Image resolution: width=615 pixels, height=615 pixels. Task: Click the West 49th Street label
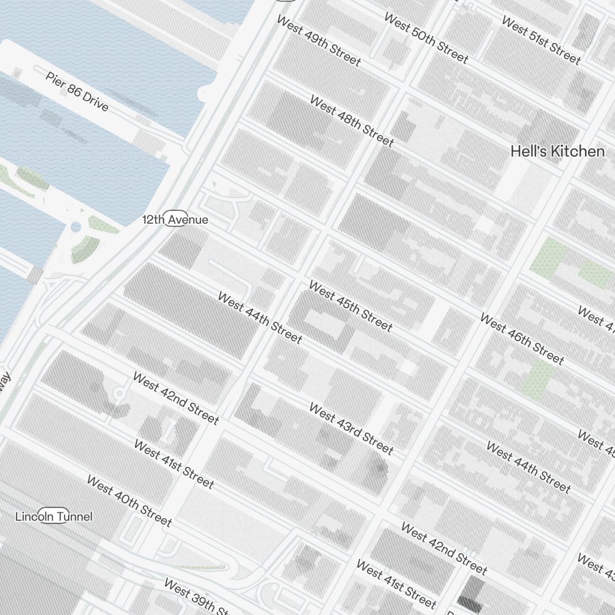coord(319,40)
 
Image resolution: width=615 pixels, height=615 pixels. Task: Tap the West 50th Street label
coord(426,38)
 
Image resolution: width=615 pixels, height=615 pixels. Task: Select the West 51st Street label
coord(541,40)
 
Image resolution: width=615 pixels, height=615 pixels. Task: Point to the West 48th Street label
coord(351,121)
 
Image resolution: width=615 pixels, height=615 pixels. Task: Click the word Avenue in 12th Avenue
coord(189,220)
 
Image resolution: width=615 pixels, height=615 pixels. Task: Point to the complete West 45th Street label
coord(350,306)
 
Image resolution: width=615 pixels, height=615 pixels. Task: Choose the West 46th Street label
coord(522,339)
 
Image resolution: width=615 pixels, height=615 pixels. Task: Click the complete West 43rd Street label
coord(351,427)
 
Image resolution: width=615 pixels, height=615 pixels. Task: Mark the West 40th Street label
coord(129,501)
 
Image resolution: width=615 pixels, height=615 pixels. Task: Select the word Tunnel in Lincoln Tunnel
coord(73,517)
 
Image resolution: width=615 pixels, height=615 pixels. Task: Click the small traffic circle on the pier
coord(76,228)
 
